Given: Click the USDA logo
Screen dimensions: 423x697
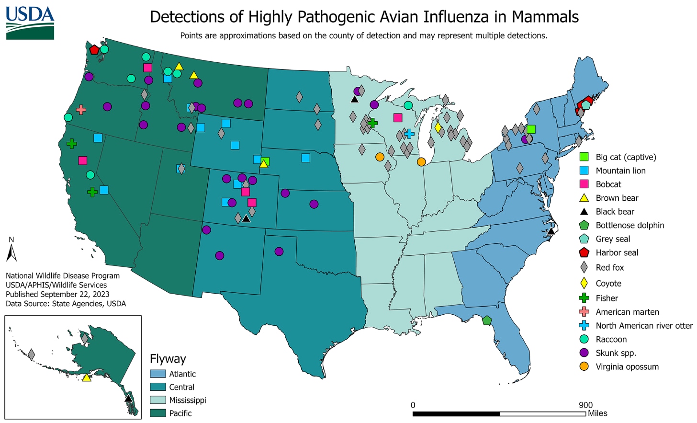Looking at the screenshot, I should click(x=30, y=23).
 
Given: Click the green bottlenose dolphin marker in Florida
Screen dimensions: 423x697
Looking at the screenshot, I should click(x=487, y=320).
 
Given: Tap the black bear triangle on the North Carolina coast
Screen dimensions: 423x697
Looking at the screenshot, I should click(x=551, y=231).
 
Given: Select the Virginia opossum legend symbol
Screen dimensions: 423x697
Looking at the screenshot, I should click(x=584, y=366).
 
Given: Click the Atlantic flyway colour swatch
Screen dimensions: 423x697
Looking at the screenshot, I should click(x=157, y=374).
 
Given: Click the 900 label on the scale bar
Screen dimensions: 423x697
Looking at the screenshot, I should click(x=585, y=405).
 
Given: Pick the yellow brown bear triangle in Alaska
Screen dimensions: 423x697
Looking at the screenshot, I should click(x=87, y=377).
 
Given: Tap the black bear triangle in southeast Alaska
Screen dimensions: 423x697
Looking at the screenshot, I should click(x=128, y=398).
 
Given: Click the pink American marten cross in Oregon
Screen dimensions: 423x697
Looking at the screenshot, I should click(x=81, y=110).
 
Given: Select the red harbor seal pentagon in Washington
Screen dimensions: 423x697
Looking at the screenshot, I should click(x=94, y=49).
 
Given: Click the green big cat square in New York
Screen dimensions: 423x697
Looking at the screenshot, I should click(x=531, y=129).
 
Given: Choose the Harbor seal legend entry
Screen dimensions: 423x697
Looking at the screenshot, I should click(x=617, y=252).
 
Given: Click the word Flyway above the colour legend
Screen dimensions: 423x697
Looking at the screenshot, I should click(x=168, y=359).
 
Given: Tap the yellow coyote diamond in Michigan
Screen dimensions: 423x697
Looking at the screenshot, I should click(x=438, y=127).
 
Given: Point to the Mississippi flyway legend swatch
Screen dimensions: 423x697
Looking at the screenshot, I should click(x=157, y=400).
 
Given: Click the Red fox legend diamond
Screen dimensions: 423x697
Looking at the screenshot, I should click(x=584, y=267).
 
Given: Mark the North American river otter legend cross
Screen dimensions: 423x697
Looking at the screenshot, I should click(x=584, y=325).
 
